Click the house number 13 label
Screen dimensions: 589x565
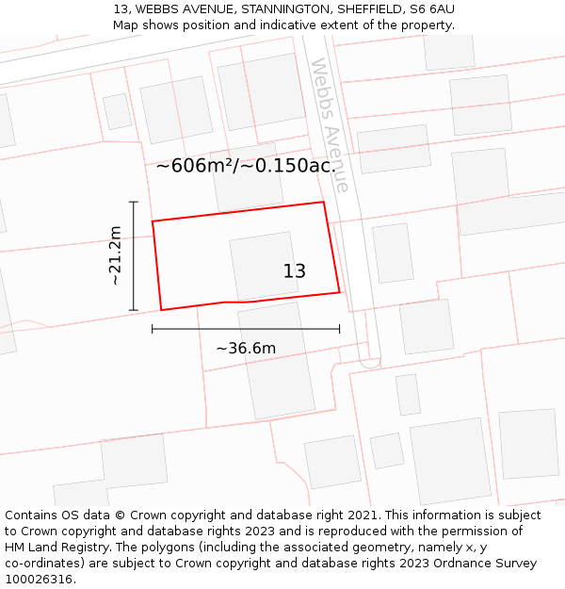tap(294, 271)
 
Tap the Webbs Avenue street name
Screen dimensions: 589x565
tap(330, 125)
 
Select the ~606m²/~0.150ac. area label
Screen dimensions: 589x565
tap(246, 166)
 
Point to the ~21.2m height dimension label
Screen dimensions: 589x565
tap(115, 255)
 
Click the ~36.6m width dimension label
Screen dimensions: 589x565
tap(246, 349)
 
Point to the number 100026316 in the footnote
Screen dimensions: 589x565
tap(39, 580)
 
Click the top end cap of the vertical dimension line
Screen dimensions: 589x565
tap(134, 202)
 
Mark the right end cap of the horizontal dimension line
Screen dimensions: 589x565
tap(340, 329)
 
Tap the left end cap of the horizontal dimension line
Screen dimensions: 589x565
tap(153, 329)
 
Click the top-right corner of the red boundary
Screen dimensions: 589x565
tap(324, 202)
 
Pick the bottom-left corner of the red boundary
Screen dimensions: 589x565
tap(161, 310)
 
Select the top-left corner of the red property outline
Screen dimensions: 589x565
tap(153, 221)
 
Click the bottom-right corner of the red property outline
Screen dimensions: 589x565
tap(340, 292)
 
